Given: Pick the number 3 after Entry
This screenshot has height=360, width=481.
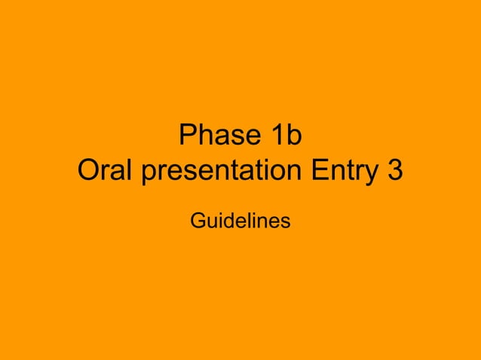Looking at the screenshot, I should pyautogui.click(x=394, y=172).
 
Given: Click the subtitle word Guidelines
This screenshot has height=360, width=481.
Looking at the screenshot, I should pyautogui.click(x=240, y=221).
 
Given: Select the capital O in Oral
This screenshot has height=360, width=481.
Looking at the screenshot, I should pyautogui.click(x=89, y=172).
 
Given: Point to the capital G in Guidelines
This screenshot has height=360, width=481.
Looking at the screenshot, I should pyautogui.click(x=198, y=221).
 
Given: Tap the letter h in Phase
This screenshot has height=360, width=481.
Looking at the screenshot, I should pyautogui.click(x=204, y=136).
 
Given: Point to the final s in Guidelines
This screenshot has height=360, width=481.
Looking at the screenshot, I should pyautogui.click(x=286, y=223).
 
